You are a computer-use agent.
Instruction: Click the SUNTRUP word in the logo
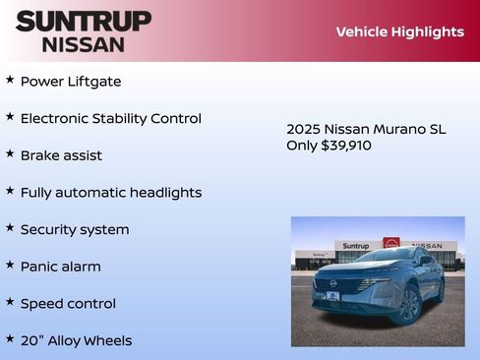click(84, 21)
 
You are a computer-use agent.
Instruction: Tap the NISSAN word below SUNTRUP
click(84, 44)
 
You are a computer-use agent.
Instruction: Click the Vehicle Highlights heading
click(399, 31)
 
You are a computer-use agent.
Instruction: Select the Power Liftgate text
click(71, 82)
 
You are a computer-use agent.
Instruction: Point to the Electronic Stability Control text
click(110, 118)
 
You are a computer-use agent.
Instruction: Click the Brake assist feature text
click(61, 155)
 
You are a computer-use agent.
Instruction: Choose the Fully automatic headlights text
click(110, 193)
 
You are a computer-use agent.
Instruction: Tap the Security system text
click(75, 229)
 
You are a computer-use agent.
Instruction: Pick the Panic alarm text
click(60, 267)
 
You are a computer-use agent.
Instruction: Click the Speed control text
click(68, 304)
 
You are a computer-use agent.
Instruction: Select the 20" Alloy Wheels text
click(76, 340)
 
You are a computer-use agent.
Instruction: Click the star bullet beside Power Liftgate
click(10, 80)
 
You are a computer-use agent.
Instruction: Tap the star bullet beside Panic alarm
click(10, 265)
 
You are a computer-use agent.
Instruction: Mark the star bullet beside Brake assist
click(10, 153)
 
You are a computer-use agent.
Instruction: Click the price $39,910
click(346, 146)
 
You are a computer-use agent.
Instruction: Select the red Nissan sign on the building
click(391, 243)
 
